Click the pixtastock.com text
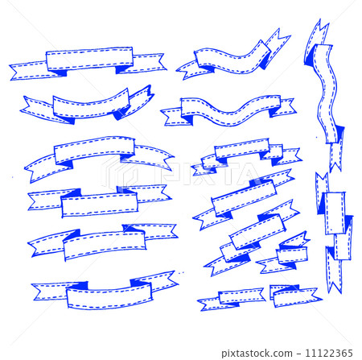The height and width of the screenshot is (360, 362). [x=257, y=353]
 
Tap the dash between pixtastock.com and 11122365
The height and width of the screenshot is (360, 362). [x=298, y=353]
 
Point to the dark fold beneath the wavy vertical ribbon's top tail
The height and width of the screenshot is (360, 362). [x=310, y=59]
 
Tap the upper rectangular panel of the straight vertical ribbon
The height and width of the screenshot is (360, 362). [x=335, y=213]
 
